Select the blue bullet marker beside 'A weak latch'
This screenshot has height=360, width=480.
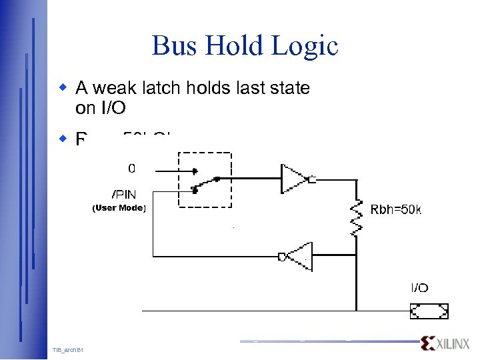pyautogui.click(x=63, y=87)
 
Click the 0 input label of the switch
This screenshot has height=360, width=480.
pyautogui.click(x=131, y=168)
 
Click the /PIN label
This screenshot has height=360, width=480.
pyautogui.click(x=124, y=194)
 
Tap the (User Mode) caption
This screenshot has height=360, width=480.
pyautogui.click(x=118, y=208)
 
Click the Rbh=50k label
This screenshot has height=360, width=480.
pyautogui.click(x=396, y=210)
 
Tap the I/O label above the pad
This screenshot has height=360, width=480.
pyautogui.click(x=419, y=288)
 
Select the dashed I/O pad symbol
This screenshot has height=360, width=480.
pyautogui.click(x=429, y=311)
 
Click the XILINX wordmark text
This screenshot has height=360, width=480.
pyautogui.click(x=453, y=343)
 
